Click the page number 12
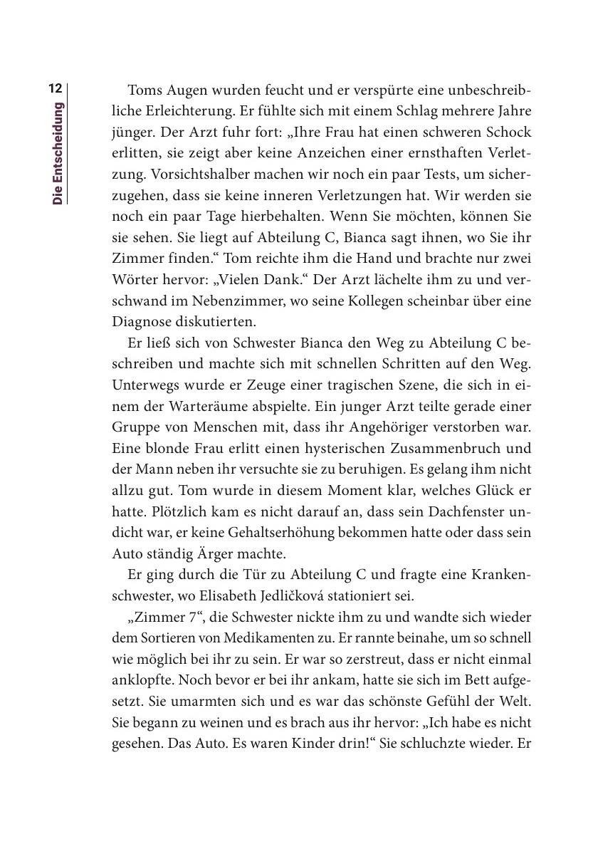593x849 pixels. (56, 90)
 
